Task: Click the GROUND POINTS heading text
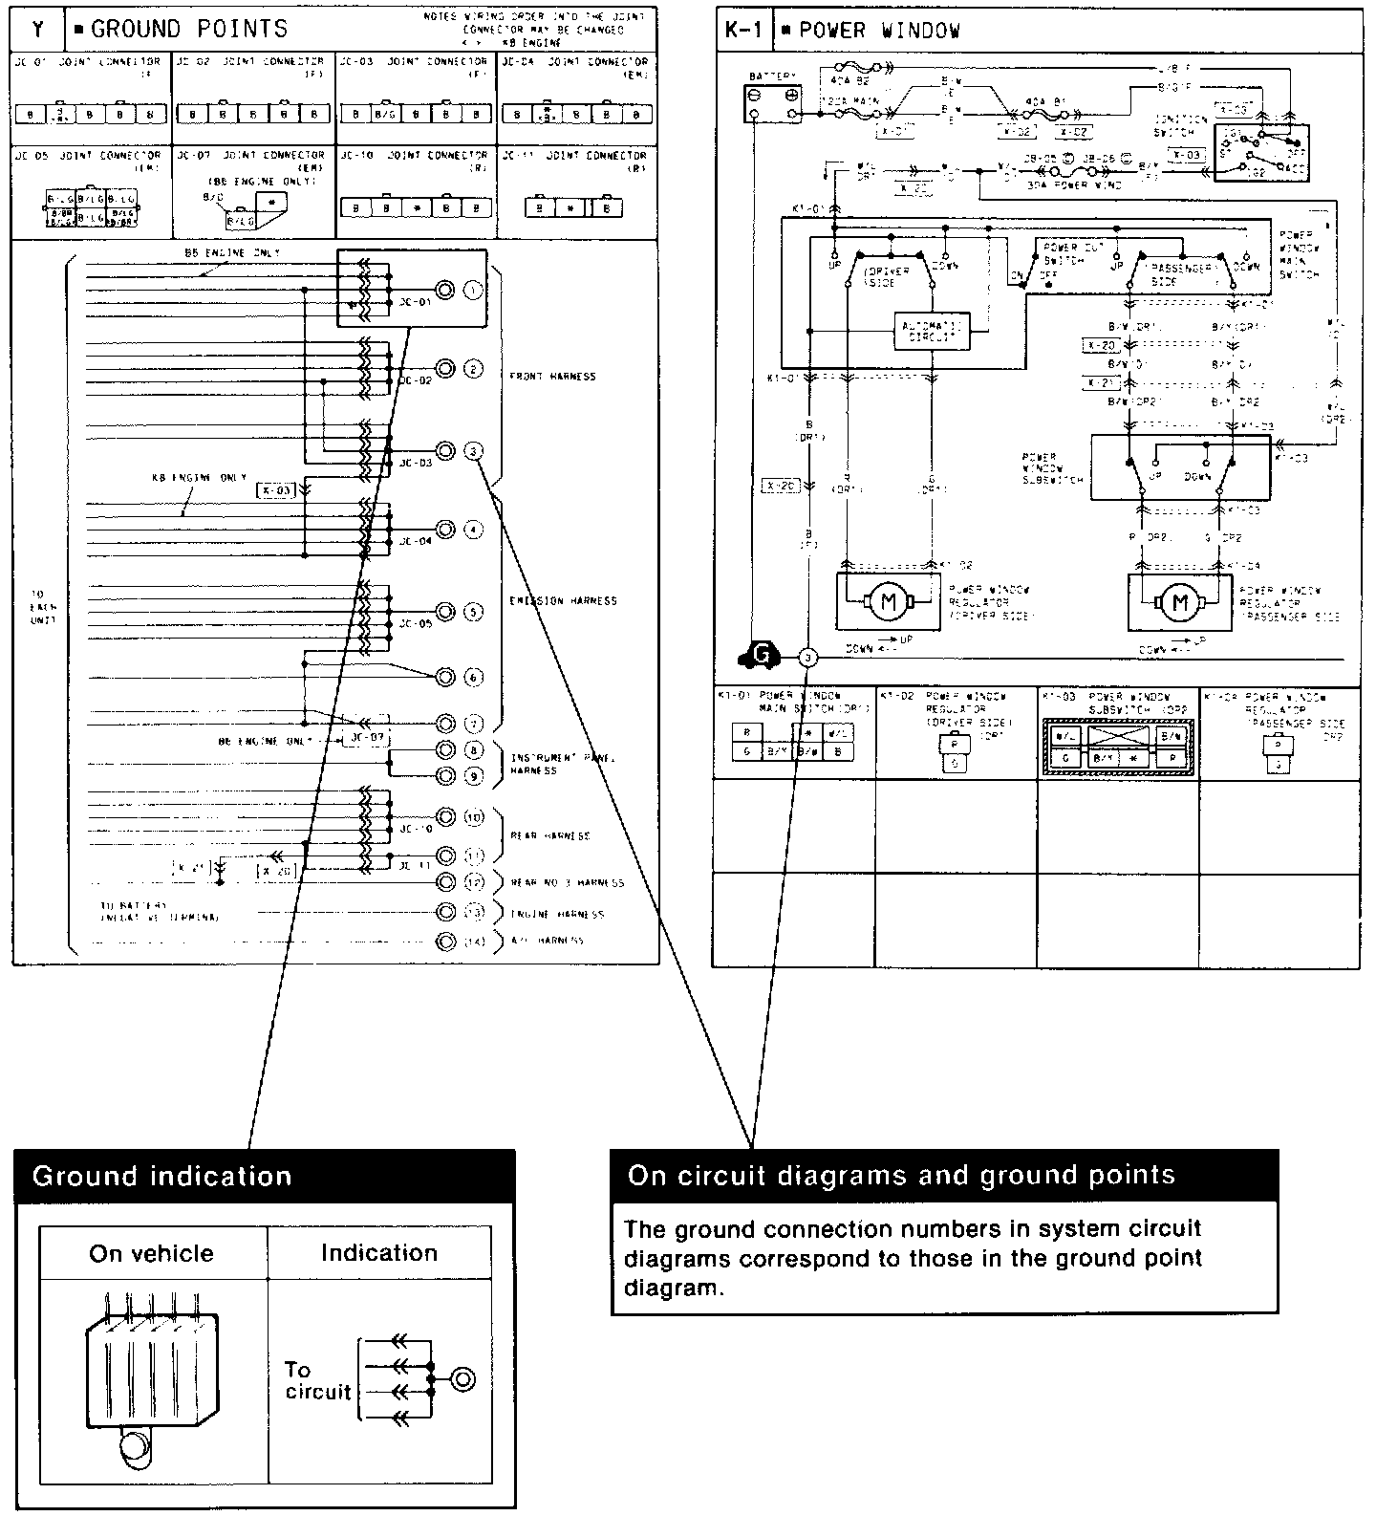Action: (x=189, y=29)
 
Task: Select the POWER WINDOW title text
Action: (x=878, y=31)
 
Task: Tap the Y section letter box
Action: (x=38, y=30)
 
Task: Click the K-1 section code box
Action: (x=742, y=31)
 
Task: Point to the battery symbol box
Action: (x=772, y=102)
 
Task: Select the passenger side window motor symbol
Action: (x=1179, y=603)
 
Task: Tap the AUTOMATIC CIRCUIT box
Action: (x=932, y=331)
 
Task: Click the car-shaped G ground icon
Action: (x=761, y=656)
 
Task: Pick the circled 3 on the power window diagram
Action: (x=808, y=657)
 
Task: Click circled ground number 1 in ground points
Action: (x=473, y=290)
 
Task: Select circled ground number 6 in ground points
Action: (x=473, y=678)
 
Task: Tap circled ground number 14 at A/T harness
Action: (x=475, y=941)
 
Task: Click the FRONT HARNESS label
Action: (x=553, y=377)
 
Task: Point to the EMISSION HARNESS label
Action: (x=563, y=601)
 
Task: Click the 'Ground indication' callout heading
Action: (x=162, y=1176)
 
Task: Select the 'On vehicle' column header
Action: (x=151, y=1253)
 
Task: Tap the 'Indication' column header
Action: (x=378, y=1253)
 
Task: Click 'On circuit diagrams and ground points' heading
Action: (x=901, y=1175)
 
